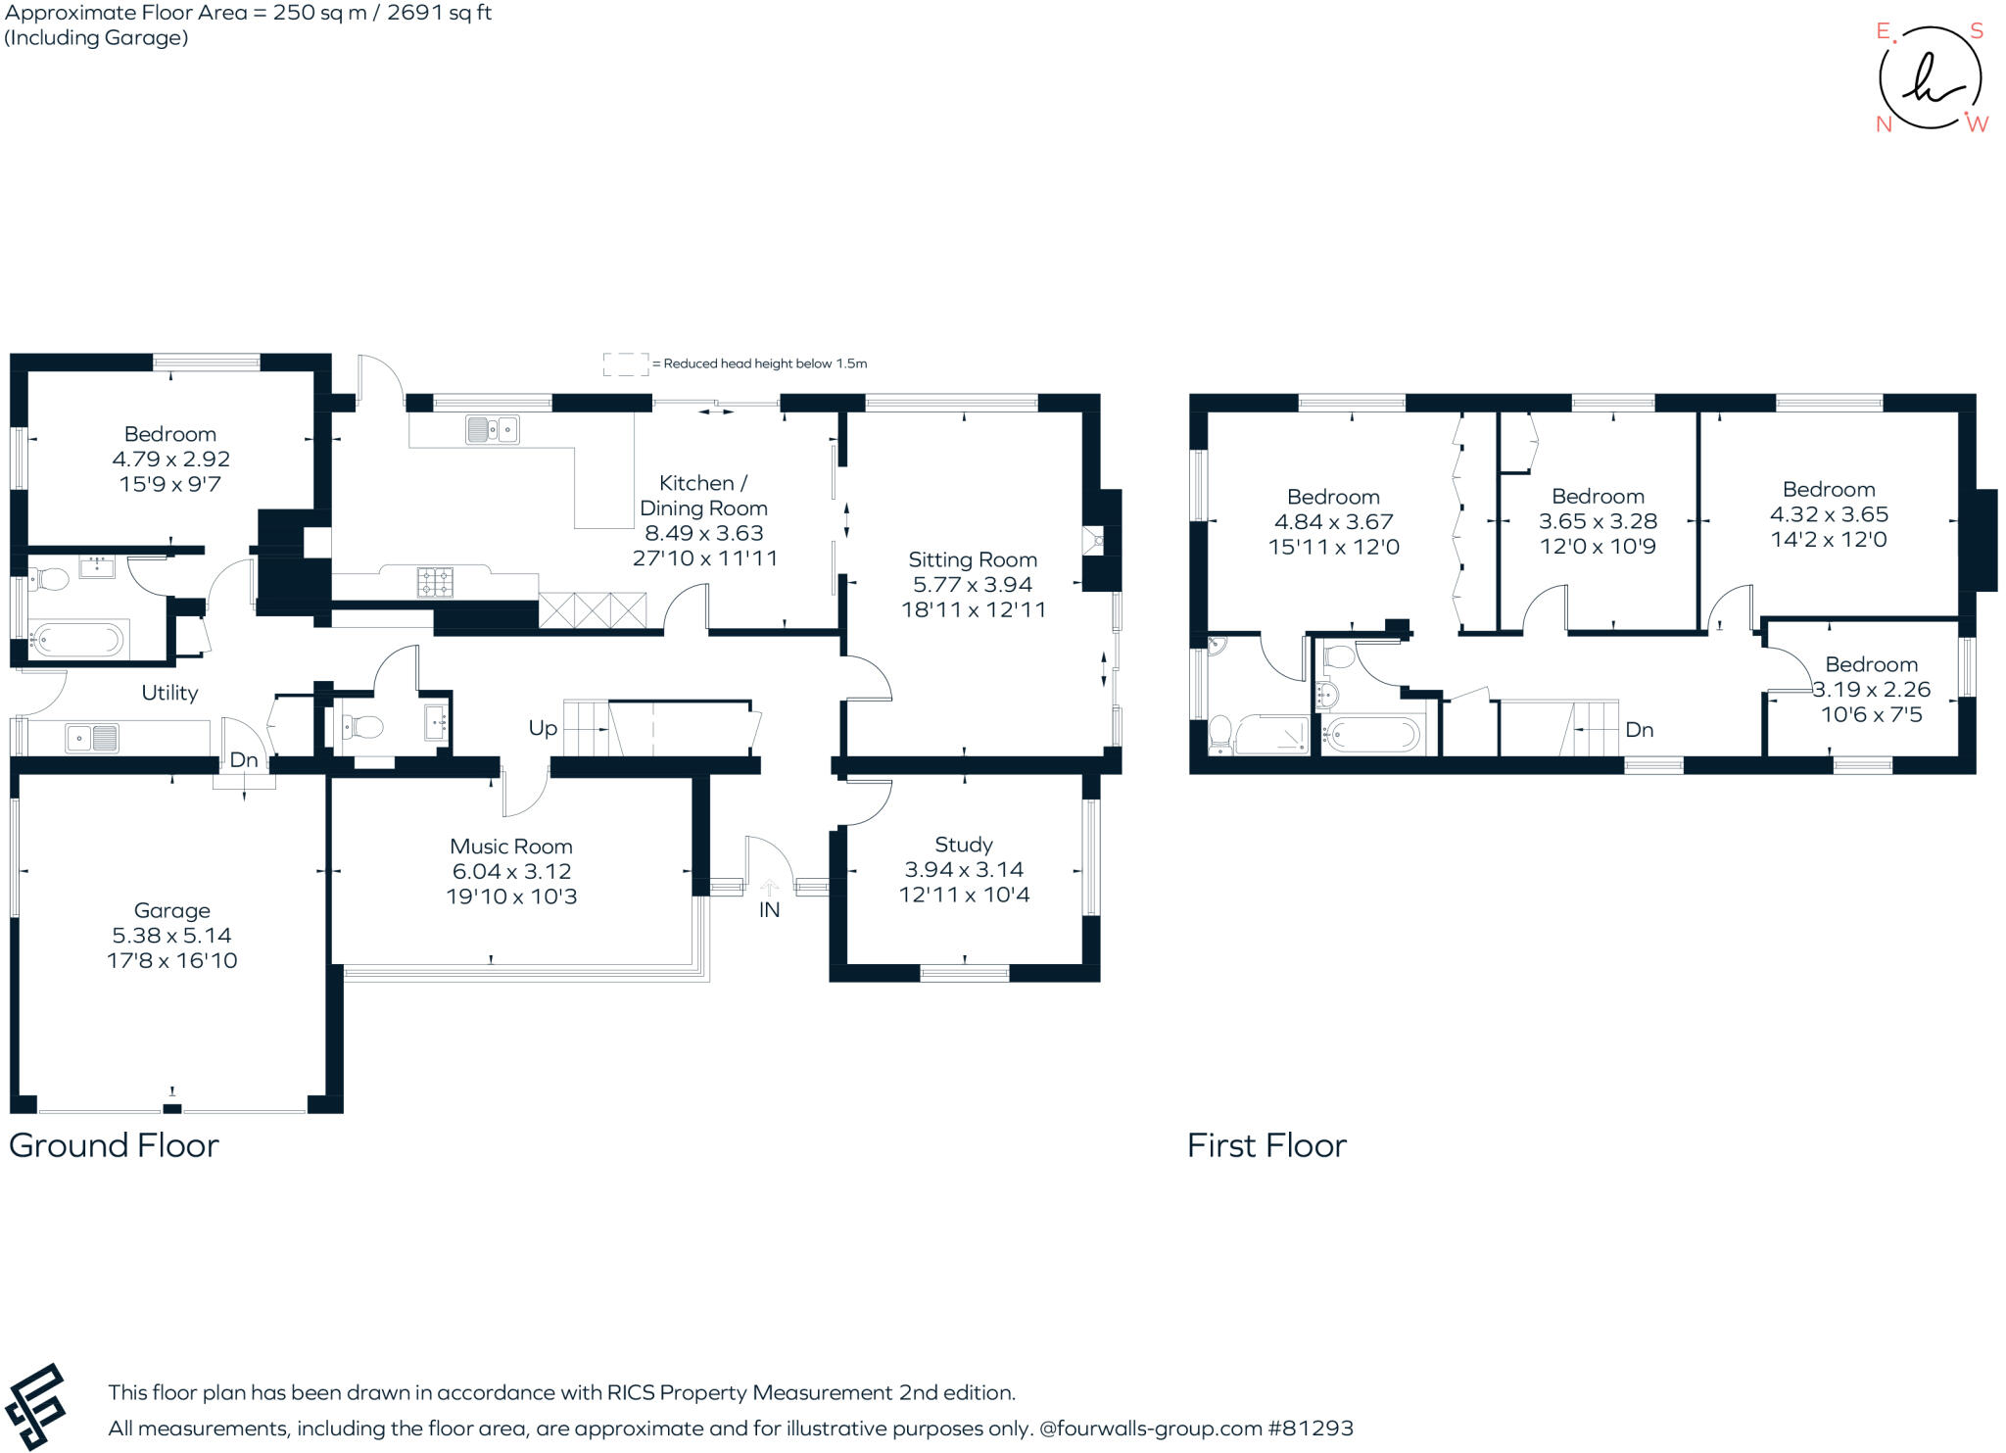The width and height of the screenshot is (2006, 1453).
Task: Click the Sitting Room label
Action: pos(972,559)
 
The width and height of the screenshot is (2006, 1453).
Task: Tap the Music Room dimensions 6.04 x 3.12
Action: pos(511,871)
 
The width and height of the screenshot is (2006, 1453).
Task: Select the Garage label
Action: pos(171,910)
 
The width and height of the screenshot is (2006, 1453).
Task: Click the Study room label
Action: pos(963,845)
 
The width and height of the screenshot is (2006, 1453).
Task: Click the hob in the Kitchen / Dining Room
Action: pos(435,582)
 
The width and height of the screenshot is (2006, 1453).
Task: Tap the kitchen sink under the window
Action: pos(492,429)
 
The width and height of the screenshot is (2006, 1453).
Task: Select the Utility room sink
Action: pos(92,738)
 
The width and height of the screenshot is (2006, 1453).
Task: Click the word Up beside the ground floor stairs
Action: pos(543,728)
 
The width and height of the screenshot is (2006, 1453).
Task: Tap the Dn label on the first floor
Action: pos(1639,730)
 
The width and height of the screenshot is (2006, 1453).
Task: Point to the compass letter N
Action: pos(1883,124)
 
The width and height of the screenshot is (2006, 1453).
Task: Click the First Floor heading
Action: pos(1266,1145)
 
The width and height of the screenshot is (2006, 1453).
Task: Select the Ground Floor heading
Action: pos(114,1145)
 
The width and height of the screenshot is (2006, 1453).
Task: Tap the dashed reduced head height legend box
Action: pos(625,363)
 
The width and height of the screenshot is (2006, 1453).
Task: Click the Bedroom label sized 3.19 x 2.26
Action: pos(1871,664)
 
